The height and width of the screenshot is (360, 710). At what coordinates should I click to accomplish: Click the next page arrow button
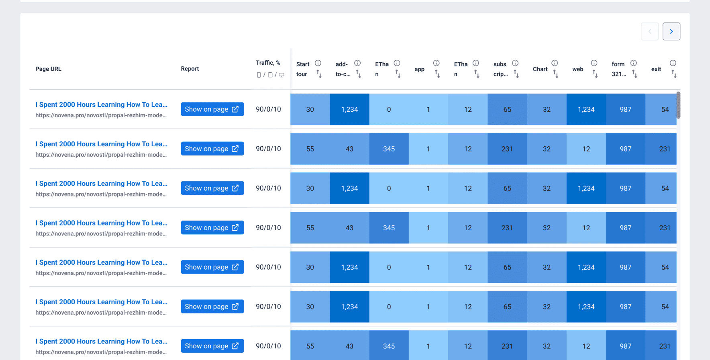[671, 31]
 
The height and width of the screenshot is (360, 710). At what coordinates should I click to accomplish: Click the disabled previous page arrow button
[649, 31]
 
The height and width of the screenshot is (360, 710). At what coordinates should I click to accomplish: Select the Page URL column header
[48, 69]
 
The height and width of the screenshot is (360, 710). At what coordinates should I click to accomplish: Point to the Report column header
[190, 69]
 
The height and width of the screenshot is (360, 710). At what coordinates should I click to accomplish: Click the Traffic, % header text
[268, 63]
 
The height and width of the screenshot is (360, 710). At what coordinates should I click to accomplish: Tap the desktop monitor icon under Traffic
[282, 75]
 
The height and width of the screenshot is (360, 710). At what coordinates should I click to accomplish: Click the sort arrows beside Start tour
[319, 74]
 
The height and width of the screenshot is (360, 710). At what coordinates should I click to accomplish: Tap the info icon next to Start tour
[318, 63]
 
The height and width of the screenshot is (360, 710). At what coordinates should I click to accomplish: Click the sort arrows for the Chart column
[555, 74]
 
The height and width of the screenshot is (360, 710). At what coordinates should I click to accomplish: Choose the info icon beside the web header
[594, 63]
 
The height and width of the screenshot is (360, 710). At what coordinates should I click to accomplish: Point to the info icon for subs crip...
[515, 63]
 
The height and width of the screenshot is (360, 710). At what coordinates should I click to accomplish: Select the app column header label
[419, 69]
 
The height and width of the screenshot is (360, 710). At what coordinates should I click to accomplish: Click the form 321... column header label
[618, 69]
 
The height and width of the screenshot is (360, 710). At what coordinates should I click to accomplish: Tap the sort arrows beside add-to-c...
[358, 74]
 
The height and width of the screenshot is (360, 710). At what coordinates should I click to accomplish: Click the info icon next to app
[436, 63]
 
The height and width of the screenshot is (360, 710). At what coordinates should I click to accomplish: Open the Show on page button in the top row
[212, 109]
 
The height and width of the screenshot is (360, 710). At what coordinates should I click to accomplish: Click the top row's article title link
[101, 104]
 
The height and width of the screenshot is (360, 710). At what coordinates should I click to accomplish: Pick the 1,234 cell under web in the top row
[586, 109]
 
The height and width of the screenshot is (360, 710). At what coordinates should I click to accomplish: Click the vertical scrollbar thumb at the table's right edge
[678, 105]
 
